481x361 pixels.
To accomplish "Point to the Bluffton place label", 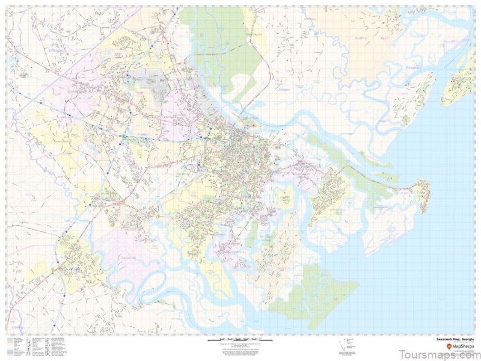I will (361, 37).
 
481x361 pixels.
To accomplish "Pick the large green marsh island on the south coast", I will (313, 295).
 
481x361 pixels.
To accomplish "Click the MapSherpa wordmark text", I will (460, 347).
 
